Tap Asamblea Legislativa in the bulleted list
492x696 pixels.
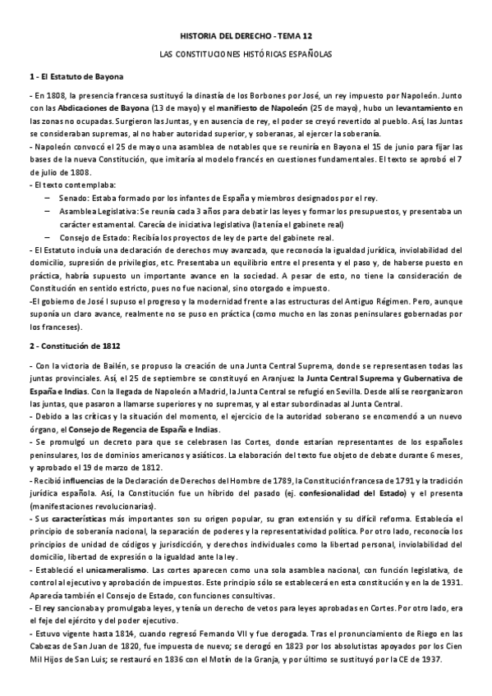click(98, 211)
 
